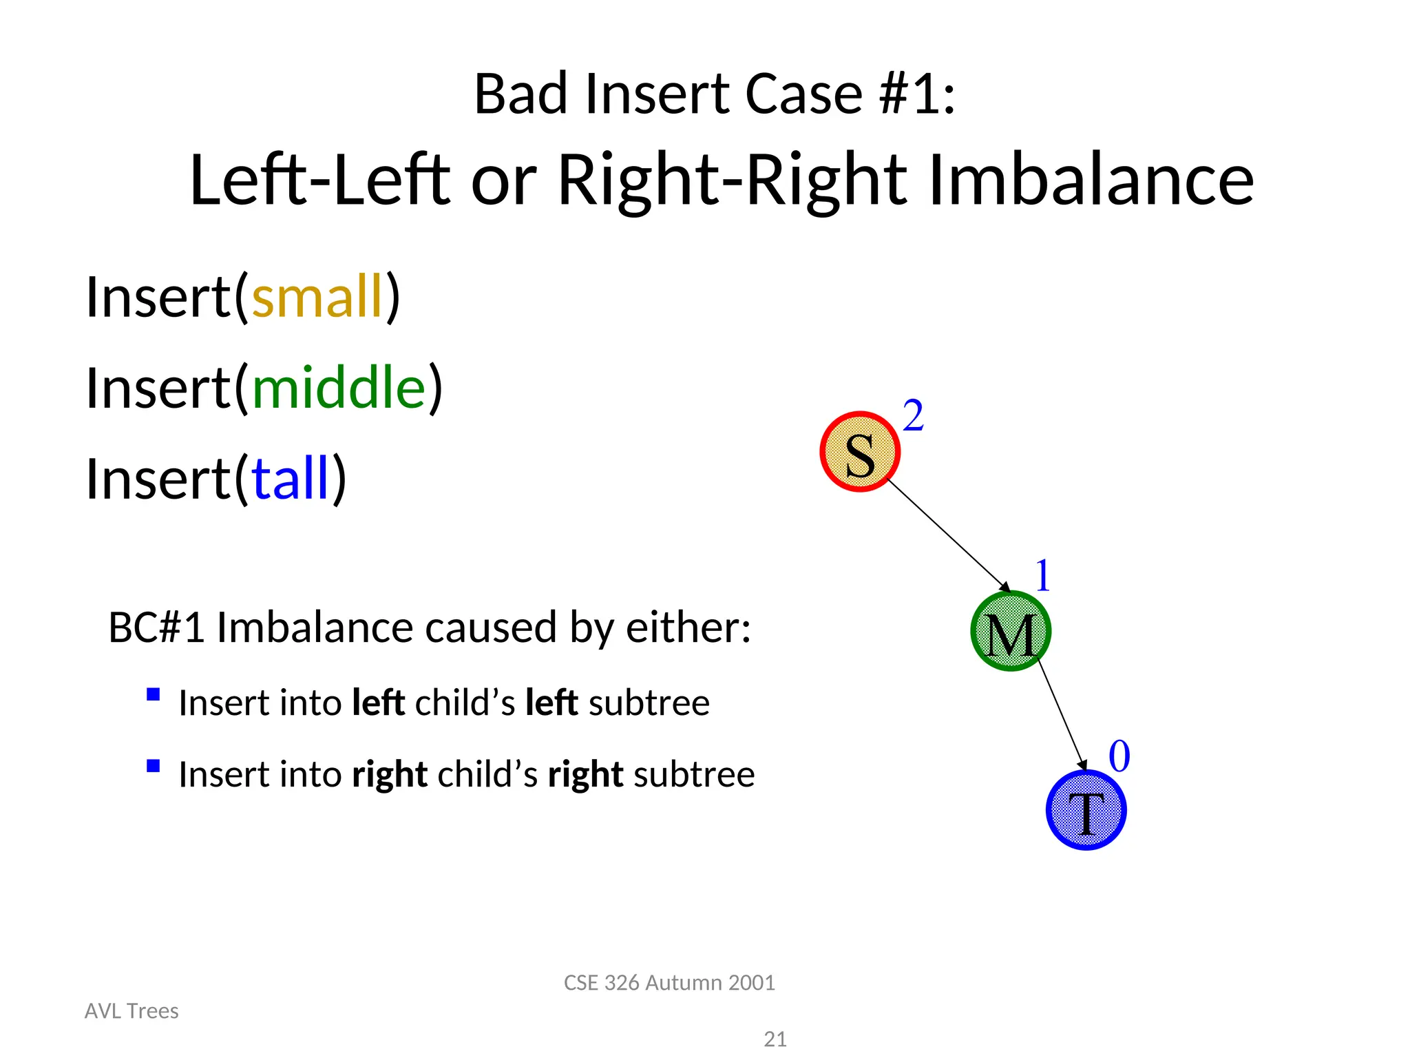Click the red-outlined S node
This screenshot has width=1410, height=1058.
[x=860, y=452]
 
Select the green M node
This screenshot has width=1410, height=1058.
[x=1010, y=631]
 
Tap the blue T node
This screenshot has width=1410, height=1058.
[x=1086, y=810]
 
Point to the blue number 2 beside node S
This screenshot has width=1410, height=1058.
[x=913, y=416]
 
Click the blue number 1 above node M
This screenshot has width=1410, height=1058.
[x=1042, y=576]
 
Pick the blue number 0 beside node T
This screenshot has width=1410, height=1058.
[x=1119, y=756]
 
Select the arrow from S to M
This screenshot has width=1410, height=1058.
[x=948, y=535]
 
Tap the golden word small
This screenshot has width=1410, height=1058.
[x=317, y=297]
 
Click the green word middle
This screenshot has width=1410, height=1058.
[x=339, y=388]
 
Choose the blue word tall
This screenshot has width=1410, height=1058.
[x=291, y=479]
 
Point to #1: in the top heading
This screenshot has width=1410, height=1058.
[x=917, y=94]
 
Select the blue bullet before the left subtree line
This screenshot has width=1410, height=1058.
[x=154, y=694]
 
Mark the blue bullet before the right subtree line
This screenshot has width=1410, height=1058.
[x=154, y=766]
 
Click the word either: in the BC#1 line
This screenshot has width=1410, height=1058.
[x=687, y=627]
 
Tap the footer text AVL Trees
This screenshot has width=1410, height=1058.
[x=131, y=1011]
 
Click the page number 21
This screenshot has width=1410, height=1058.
[x=775, y=1039]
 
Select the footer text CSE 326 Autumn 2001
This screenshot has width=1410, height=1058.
[x=669, y=983]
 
